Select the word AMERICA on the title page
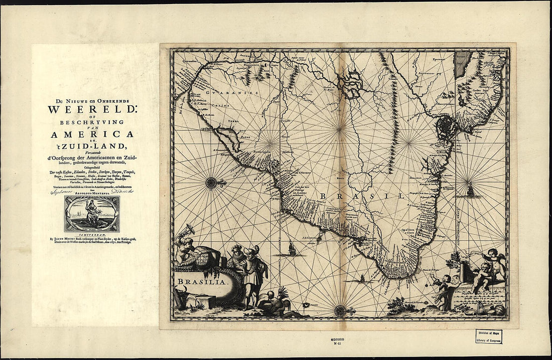tap(91, 134)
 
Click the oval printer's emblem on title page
tap(92, 214)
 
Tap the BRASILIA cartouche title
tap(202, 282)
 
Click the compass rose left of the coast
tap(212, 183)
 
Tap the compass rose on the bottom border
tap(340, 311)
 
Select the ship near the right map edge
tap(471, 190)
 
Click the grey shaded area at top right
tap(463, 65)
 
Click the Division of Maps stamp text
tap(489, 333)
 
